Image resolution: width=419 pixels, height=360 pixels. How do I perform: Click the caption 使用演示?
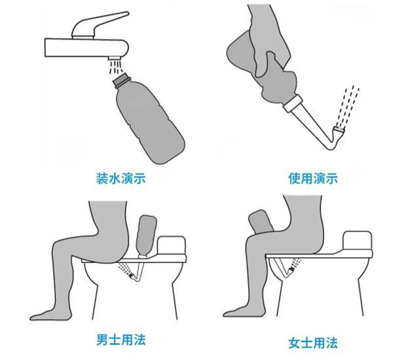(313, 178)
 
